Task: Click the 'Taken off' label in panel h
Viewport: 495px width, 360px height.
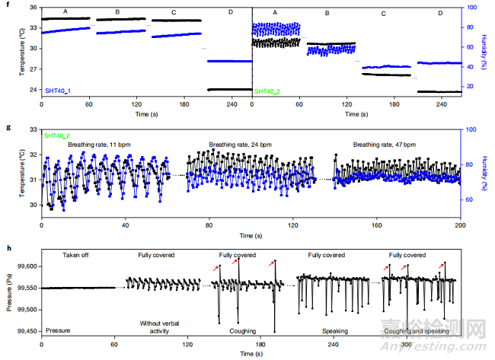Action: pyautogui.click(x=78, y=256)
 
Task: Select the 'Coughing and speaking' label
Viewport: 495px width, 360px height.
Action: pyautogui.click(x=405, y=330)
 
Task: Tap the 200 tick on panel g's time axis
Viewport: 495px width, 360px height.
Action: pyautogui.click(x=459, y=226)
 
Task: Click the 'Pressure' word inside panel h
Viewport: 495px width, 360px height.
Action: pyautogui.click(x=59, y=330)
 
